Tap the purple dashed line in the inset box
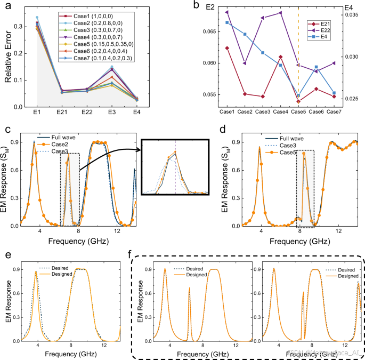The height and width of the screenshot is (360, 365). tap(175, 171)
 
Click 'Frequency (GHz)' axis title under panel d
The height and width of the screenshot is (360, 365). tap(300, 241)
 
